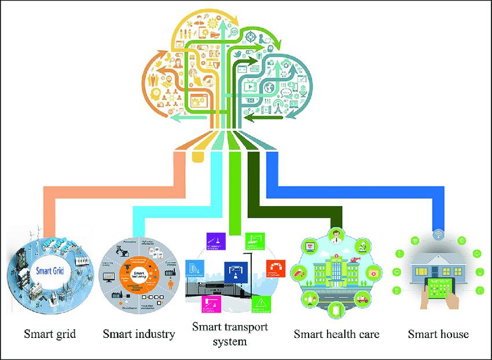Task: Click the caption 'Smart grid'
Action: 50,334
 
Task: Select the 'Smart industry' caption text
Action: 139,334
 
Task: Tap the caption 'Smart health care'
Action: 336,334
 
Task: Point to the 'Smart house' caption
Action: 438,334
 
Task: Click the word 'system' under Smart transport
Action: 229,341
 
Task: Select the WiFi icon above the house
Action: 438,235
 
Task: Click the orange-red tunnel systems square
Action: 274,268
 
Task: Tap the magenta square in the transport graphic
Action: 207,303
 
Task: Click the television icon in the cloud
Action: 250,87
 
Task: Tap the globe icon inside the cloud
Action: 270,87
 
